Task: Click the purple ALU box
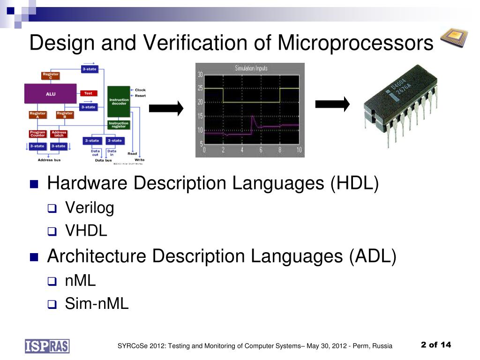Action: [x=51, y=94]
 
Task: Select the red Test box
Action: [x=88, y=93]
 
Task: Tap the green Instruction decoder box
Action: [x=119, y=102]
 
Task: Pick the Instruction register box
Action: [x=119, y=125]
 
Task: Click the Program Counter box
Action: [x=37, y=134]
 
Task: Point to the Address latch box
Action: [x=59, y=134]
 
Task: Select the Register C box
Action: [x=51, y=75]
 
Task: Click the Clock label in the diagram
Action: [x=140, y=90]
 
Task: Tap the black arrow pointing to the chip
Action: [x=332, y=104]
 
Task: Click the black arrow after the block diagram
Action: [x=166, y=109]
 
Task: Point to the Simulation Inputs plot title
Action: [x=251, y=68]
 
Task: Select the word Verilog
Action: [x=90, y=207]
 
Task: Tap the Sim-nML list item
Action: [x=97, y=304]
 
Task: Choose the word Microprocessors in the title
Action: [x=355, y=43]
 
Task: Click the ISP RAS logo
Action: [x=47, y=345]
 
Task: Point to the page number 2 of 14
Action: [x=436, y=345]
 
